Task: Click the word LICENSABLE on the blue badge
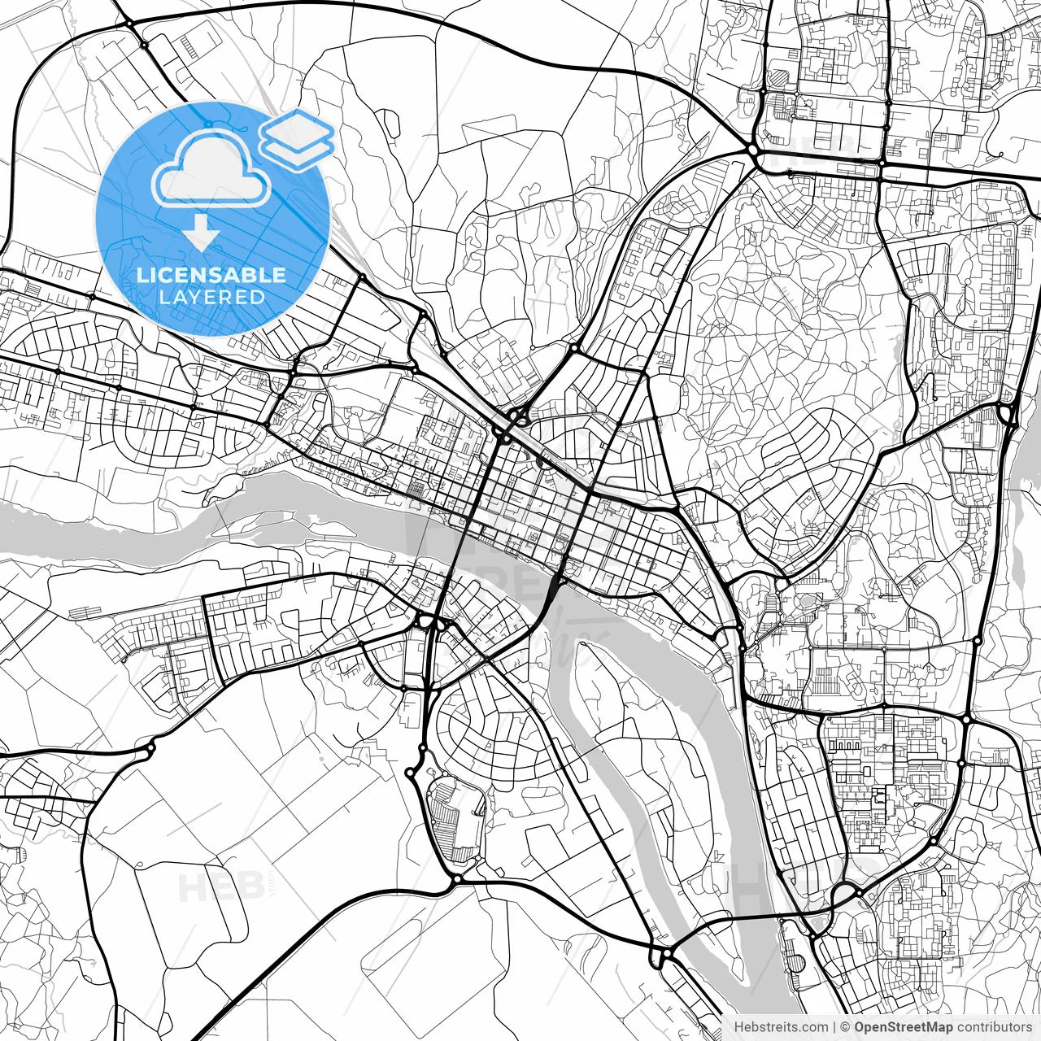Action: (211, 275)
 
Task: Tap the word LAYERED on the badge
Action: (211, 298)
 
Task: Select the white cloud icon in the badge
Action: (211, 171)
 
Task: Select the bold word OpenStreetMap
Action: (903, 1027)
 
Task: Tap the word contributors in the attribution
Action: (994, 1027)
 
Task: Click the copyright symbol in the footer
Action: (846, 1027)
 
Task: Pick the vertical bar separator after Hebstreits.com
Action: (835, 1027)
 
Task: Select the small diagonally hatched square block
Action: (780, 78)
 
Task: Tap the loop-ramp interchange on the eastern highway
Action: (1008, 415)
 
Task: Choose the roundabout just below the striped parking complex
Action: (457, 879)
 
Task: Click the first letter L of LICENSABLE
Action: (142, 275)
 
